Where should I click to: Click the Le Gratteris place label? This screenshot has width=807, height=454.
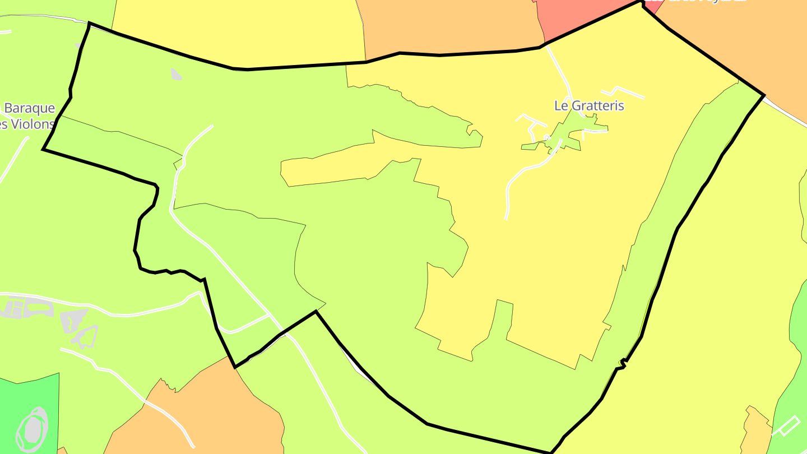point(589,105)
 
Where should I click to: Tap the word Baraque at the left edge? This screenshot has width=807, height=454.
point(30,108)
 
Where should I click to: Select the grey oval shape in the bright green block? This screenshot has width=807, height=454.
point(33,428)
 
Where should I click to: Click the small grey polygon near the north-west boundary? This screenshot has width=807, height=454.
point(176,74)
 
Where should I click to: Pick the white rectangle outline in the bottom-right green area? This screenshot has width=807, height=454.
point(786,426)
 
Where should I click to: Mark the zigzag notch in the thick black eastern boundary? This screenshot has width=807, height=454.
point(621,364)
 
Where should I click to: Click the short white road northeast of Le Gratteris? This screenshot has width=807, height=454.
point(622,91)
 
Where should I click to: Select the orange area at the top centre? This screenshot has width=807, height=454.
point(448,25)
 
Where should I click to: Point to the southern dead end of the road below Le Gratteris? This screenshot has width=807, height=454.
point(507,217)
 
